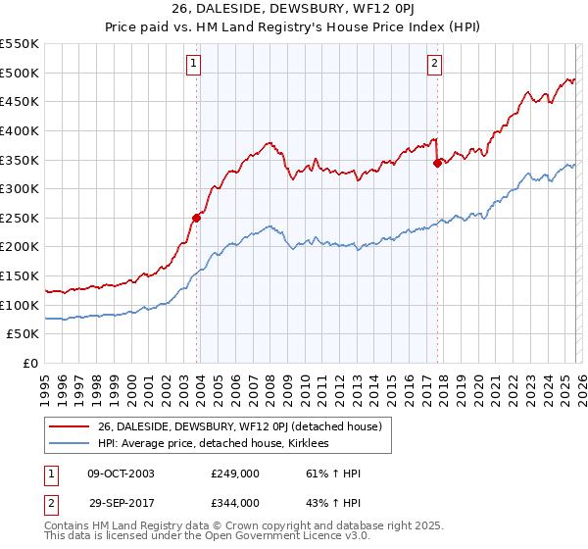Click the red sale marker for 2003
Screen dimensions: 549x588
tap(196, 219)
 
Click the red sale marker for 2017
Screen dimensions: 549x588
tap(437, 164)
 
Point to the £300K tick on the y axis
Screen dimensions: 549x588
tap(20, 188)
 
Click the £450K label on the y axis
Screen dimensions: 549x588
tap(20, 101)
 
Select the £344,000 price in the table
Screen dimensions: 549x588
tap(235, 503)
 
